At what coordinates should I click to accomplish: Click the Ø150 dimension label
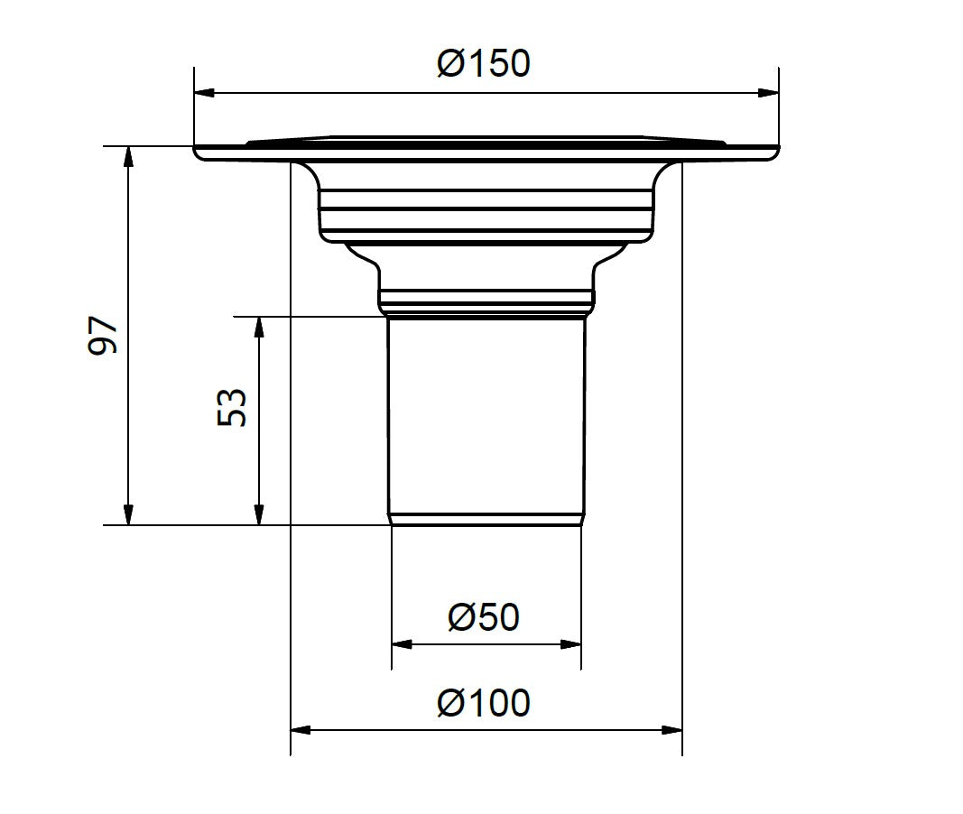click(x=484, y=64)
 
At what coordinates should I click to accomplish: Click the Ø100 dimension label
click(x=484, y=702)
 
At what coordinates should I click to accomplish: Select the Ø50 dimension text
click(x=484, y=618)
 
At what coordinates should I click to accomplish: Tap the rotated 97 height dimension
click(x=105, y=335)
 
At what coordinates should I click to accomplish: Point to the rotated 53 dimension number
click(x=233, y=408)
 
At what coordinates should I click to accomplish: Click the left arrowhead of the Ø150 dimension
click(x=204, y=92)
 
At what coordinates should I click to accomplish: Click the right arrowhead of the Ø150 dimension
click(x=768, y=92)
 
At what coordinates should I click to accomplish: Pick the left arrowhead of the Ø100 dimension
click(x=300, y=729)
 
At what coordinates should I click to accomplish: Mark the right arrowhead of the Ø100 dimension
click(x=672, y=729)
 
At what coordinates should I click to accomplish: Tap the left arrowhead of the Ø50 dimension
click(x=401, y=644)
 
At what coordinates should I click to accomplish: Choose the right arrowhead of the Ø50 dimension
click(x=571, y=644)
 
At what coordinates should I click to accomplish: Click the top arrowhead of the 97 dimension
click(x=128, y=155)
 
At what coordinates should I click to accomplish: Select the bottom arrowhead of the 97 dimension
click(x=128, y=515)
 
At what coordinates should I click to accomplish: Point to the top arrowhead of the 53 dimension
click(x=260, y=326)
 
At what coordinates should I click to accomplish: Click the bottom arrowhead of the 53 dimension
click(x=260, y=515)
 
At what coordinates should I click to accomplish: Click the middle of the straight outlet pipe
click(x=486, y=415)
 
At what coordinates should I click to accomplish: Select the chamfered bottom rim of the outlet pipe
click(x=486, y=519)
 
